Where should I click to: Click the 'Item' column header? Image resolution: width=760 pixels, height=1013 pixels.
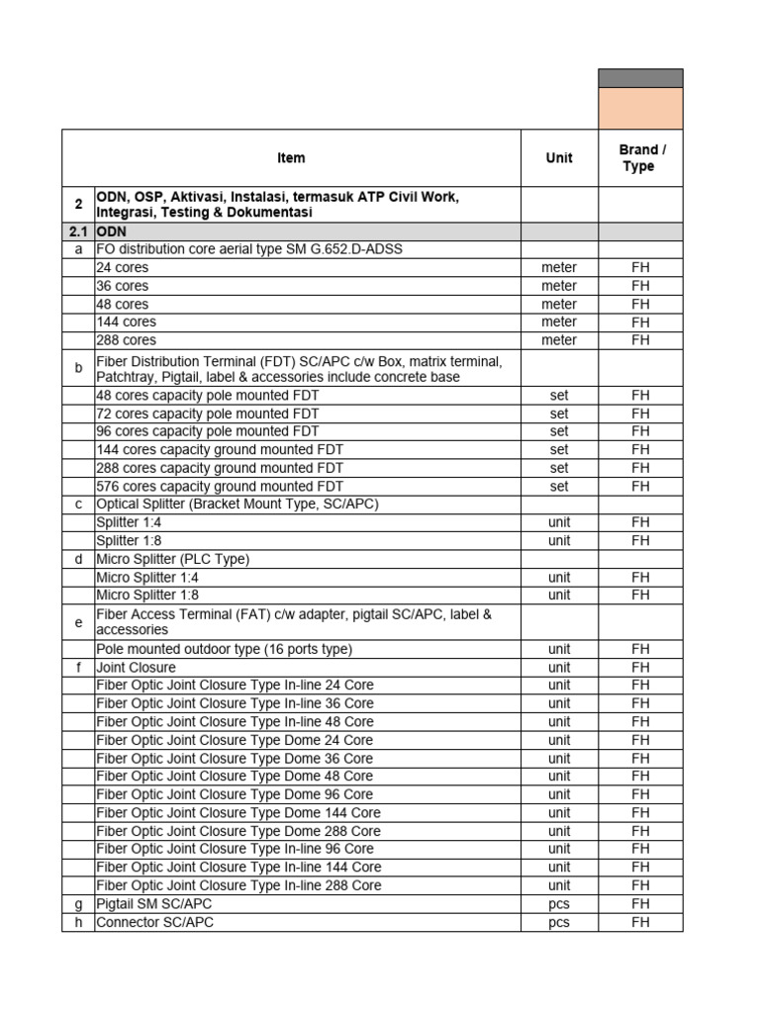291,158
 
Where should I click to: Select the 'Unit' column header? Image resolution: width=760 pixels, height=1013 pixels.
559,158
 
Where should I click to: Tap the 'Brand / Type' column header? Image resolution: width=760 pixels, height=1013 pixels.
640,158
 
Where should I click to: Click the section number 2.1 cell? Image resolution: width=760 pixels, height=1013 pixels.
78,231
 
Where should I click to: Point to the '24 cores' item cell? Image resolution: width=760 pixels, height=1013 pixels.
122,267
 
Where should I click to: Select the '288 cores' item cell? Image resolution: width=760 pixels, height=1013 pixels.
126,339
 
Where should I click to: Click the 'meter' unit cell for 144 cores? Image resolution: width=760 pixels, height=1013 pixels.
559,322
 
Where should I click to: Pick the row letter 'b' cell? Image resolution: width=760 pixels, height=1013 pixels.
78,368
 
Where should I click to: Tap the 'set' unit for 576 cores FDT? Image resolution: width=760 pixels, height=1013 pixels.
559,486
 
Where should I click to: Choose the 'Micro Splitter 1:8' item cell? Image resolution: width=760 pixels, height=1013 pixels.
147,595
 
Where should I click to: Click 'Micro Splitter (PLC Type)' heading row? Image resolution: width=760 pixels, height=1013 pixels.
172,559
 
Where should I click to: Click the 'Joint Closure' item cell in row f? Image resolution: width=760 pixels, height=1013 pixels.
136,668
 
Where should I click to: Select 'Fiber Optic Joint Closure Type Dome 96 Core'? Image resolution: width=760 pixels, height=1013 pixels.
235,794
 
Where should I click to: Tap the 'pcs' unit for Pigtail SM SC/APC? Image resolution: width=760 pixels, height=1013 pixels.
559,903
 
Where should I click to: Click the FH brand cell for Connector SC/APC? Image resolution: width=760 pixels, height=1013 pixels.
640,922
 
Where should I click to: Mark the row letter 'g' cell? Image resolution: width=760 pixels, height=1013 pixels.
78,903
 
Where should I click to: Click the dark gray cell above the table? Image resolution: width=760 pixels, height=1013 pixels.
640,78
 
